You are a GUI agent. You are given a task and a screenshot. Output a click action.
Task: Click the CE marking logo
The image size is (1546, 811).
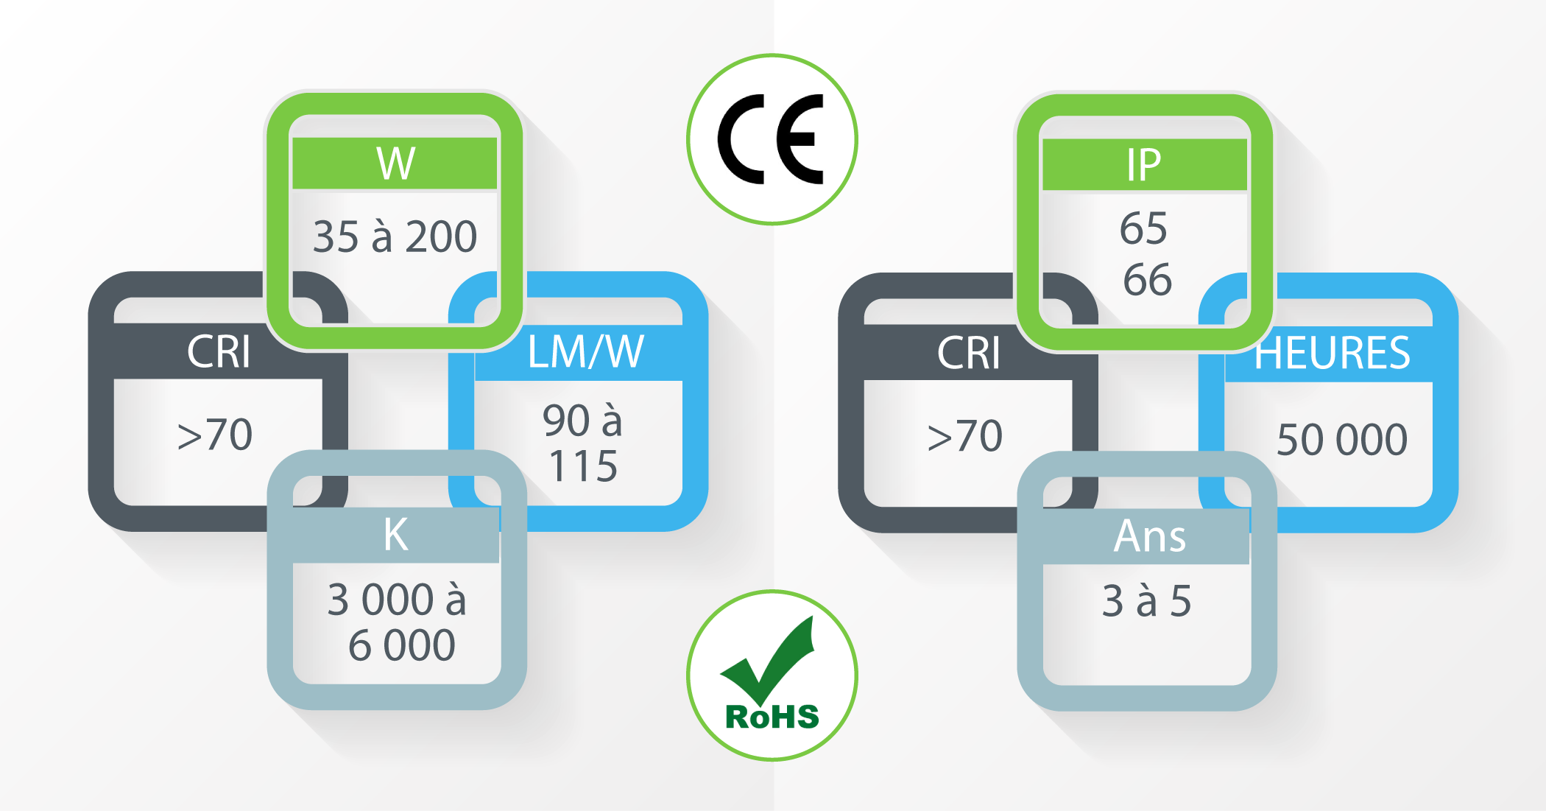(x=772, y=139)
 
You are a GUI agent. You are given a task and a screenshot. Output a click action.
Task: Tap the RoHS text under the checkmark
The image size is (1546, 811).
(x=772, y=717)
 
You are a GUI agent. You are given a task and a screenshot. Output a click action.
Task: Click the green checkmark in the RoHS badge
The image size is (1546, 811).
(x=768, y=659)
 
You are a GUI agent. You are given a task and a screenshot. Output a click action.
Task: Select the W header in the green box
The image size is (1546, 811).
(x=396, y=164)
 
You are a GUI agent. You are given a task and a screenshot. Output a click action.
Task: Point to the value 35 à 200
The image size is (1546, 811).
(x=395, y=236)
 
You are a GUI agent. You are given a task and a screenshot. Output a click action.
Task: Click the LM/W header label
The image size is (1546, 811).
(x=586, y=351)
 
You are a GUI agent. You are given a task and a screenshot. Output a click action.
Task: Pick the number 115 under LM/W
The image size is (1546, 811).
(x=583, y=466)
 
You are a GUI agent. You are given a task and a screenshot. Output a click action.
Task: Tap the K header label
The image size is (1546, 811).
(x=396, y=534)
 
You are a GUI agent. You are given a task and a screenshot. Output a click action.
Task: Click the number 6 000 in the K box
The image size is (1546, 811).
(x=402, y=645)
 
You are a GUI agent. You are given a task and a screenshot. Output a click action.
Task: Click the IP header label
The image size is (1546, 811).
(x=1144, y=165)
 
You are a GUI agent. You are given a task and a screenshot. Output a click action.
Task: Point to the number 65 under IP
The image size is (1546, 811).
(x=1143, y=228)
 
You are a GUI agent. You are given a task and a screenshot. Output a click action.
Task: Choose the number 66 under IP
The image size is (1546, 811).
(x=1147, y=280)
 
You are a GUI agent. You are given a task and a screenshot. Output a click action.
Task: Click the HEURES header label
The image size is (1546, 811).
(x=1333, y=353)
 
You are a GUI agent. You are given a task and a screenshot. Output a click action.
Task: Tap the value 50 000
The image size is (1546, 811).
(x=1342, y=440)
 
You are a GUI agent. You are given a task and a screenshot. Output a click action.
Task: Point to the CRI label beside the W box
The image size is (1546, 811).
(x=219, y=351)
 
